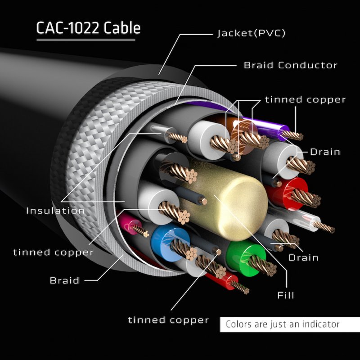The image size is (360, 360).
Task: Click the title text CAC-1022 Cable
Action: (88, 28)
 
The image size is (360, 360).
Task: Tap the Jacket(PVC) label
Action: (251, 33)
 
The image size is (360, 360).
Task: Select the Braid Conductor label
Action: (290, 65)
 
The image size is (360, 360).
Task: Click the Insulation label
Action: (55, 211)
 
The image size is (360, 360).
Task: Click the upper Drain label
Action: (325, 152)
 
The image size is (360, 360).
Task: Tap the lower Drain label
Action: (303, 257)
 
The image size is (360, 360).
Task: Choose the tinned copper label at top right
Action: (305, 99)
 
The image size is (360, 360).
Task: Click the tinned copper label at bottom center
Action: (168, 320)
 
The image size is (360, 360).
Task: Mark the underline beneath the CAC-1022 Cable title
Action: (85, 40)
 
